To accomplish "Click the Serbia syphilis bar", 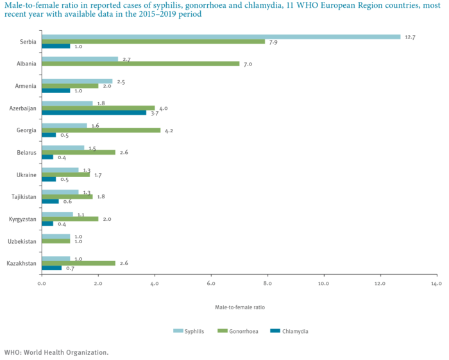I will tap(221, 37).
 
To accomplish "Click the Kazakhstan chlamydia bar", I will tap(51, 268).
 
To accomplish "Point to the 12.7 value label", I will tap(411, 37).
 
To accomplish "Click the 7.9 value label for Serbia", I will tap(273, 42).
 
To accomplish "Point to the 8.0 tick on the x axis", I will tap(267, 283).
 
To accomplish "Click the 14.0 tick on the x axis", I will tap(436, 283).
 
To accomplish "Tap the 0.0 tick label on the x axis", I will tap(41, 283).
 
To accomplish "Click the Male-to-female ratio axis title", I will tap(239, 306).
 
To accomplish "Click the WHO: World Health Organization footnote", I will tap(56, 352).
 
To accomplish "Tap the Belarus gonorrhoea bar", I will tap(78, 152).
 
